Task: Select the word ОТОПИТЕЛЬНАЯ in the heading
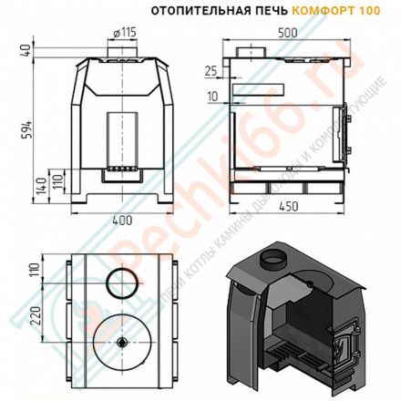click(x=194, y=12)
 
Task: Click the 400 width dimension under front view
click(x=121, y=221)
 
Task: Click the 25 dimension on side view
click(x=212, y=69)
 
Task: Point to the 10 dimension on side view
click(x=212, y=95)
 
